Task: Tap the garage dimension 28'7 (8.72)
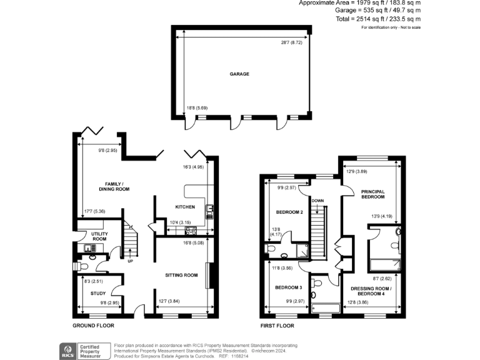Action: click(291, 42)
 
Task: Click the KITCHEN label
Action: click(184, 207)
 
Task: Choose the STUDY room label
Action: click(97, 292)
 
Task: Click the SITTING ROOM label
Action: click(181, 275)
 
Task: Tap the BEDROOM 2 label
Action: click(289, 212)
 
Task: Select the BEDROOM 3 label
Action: click(289, 287)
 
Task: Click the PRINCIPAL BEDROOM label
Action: click(372, 194)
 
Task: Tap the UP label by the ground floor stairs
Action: click(131, 261)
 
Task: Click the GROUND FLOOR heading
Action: click(93, 326)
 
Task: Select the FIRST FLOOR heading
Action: click(277, 326)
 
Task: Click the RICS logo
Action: click(66, 349)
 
